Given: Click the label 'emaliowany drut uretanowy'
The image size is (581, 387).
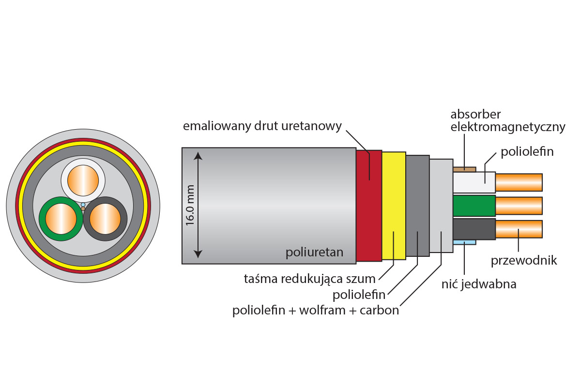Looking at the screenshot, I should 262,126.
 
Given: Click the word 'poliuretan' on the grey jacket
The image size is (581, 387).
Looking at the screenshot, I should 314,252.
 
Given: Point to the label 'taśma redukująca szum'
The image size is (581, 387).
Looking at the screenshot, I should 309,279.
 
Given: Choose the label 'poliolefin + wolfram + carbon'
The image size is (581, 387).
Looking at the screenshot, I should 316,310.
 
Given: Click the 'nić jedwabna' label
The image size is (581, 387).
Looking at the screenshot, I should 479,284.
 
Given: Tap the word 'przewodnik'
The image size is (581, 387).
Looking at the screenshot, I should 524,261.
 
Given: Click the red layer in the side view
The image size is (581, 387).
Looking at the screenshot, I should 368,206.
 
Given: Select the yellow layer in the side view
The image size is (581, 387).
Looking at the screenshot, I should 394,206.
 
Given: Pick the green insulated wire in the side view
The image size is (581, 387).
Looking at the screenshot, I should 474,206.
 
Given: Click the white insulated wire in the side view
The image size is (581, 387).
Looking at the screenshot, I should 474,183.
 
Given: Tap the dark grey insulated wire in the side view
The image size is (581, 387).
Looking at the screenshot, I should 474,229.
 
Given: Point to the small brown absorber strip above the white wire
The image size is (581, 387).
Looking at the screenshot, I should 464,169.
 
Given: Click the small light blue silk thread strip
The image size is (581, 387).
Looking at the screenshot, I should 464,242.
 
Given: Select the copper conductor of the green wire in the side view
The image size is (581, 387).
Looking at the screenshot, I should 519,206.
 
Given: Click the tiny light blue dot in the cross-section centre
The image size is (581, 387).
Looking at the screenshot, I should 83,205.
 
